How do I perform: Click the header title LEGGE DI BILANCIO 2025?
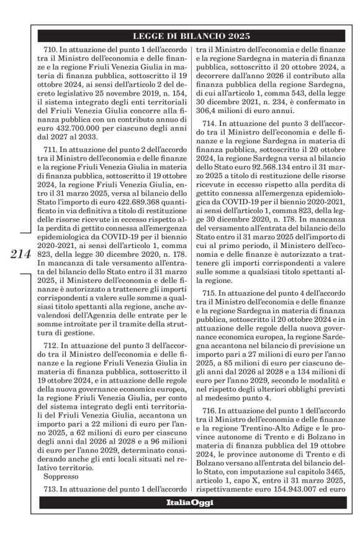tap(191, 36)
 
